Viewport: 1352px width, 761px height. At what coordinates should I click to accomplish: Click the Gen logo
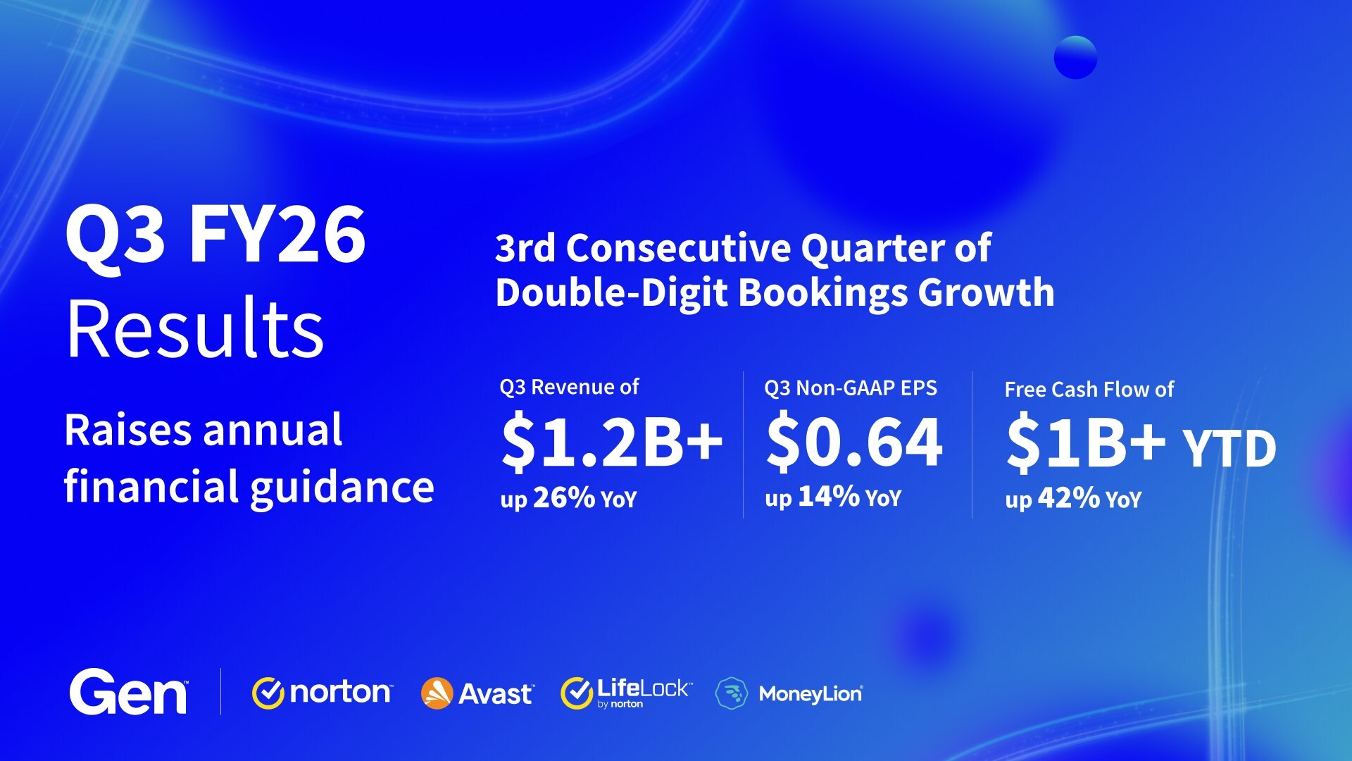pos(128,693)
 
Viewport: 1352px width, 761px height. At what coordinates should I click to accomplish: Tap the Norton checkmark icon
pos(268,693)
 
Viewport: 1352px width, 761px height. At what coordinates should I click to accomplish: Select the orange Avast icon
pos(437,693)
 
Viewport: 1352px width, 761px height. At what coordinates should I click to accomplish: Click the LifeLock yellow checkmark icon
pos(577,693)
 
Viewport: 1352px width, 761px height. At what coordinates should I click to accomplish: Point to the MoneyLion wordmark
pos(810,694)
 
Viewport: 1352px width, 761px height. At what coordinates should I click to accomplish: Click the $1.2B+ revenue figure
pos(611,443)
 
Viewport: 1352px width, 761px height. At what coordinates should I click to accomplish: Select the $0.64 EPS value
pos(854,443)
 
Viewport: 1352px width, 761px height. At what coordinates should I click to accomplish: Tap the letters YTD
pos(1229,449)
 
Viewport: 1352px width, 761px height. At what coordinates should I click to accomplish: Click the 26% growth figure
pos(564,497)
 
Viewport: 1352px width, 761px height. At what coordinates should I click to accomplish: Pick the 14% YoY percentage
pos(829,496)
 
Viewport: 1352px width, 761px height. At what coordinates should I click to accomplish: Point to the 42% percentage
pos(1068,497)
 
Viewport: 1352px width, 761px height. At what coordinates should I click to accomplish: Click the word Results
pos(195,329)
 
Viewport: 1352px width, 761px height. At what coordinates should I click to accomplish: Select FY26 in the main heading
pos(277,235)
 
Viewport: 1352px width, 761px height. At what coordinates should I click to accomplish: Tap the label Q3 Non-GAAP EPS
pos(851,388)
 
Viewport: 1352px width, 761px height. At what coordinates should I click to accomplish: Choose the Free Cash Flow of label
pos(1089,390)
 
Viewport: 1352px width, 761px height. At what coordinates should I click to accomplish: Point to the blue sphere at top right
pos(1075,57)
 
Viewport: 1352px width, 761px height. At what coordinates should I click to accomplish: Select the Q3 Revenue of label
pos(569,387)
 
